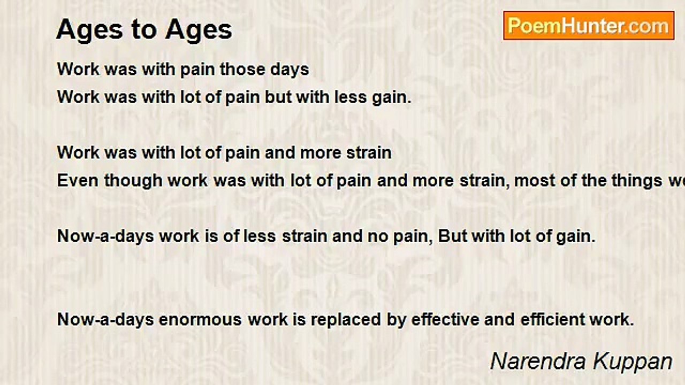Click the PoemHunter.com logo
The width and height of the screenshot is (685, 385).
click(589, 26)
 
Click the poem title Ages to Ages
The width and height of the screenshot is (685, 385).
click(144, 29)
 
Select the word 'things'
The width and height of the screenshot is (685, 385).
click(631, 181)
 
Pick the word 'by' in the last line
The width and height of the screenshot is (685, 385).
click(397, 320)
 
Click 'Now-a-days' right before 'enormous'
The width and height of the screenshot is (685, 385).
click(106, 320)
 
